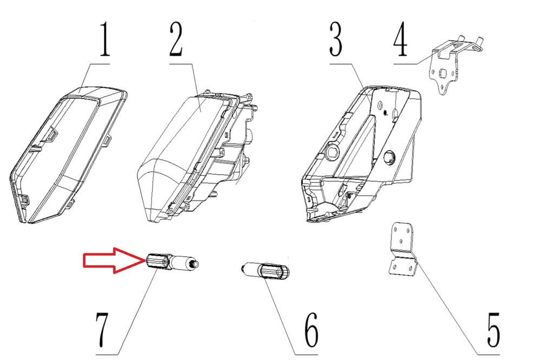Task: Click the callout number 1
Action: pyautogui.click(x=104, y=39)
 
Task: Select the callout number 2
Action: pyautogui.click(x=176, y=40)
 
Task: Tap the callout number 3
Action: pyautogui.click(x=336, y=40)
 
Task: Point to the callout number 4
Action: pyautogui.click(x=400, y=40)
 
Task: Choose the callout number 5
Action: pyautogui.click(x=493, y=330)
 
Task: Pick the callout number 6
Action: pyautogui.click(x=312, y=330)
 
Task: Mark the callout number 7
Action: pyautogui.click(x=102, y=330)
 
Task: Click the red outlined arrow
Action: pyautogui.click(x=114, y=260)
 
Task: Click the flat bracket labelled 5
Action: pyautogui.click(x=403, y=249)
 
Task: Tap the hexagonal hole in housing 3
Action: pyautogui.click(x=333, y=150)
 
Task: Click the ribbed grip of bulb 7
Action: pyautogui.click(x=157, y=262)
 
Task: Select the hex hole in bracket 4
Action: pyautogui.click(x=441, y=73)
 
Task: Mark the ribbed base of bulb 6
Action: pyautogui.click(x=275, y=271)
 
